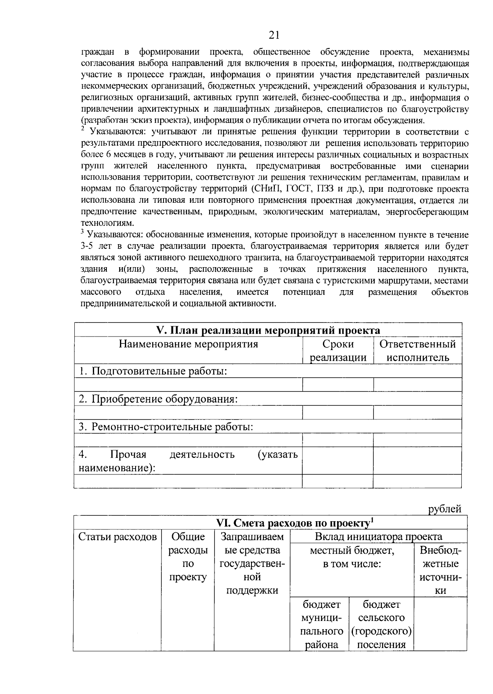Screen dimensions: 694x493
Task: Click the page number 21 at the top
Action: click(x=274, y=35)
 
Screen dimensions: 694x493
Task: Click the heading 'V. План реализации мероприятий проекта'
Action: click(x=268, y=330)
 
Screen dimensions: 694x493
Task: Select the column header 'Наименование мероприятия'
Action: click(x=189, y=344)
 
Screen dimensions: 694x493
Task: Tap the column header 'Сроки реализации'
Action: click(x=338, y=350)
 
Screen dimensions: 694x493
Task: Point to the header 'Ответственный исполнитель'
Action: click(x=417, y=350)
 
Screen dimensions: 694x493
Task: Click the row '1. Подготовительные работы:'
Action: click(x=153, y=371)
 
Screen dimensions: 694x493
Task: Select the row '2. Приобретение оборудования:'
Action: click(x=158, y=399)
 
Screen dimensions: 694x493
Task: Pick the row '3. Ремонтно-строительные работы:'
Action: click(x=166, y=427)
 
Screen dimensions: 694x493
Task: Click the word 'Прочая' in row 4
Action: click(x=128, y=455)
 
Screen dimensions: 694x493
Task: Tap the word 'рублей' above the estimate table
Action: click(x=445, y=509)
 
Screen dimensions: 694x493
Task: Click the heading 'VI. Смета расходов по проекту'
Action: click(x=293, y=523)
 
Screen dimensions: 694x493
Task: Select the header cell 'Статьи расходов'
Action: click(x=117, y=537)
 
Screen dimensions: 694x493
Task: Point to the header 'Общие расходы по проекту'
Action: click(x=188, y=557)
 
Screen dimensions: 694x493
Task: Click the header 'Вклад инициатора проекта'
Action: click(x=378, y=537)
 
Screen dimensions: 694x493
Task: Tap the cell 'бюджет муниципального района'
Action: click(x=319, y=624)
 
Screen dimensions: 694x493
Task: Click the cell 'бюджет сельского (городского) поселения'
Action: click(x=381, y=624)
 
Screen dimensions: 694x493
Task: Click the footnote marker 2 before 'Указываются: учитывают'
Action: click(x=83, y=130)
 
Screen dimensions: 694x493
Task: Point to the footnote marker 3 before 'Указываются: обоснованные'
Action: click(x=83, y=233)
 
